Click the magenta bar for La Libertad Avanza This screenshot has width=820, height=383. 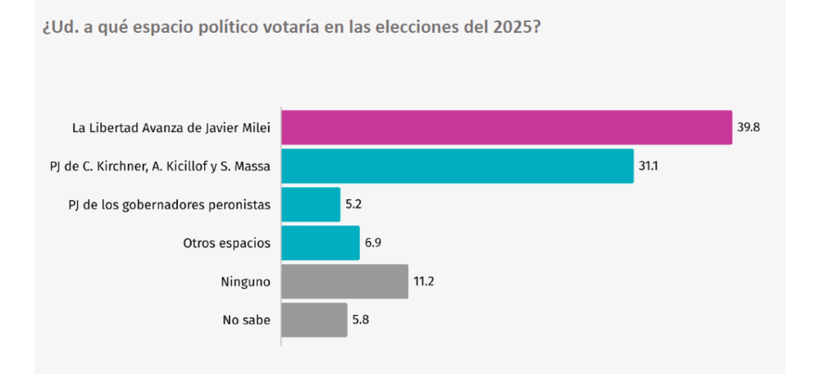pyautogui.click(x=506, y=127)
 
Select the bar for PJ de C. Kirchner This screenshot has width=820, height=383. pyautogui.click(x=457, y=166)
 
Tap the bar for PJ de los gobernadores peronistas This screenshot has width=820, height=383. pyautogui.click(x=311, y=204)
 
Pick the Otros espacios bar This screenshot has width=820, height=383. pyautogui.click(x=321, y=243)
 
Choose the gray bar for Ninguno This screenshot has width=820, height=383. pyautogui.click(x=344, y=281)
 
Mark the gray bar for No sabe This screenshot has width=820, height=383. pyautogui.click(x=314, y=320)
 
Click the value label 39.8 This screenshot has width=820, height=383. pyautogui.click(x=748, y=127)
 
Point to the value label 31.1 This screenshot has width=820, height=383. pyautogui.click(x=649, y=166)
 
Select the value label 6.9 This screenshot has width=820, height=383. pyautogui.click(x=375, y=243)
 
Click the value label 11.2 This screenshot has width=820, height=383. pyautogui.click(x=424, y=281)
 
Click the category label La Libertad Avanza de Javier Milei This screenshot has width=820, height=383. pyautogui.click(x=171, y=127)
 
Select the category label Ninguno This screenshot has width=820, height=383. pyautogui.click(x=248, y=281)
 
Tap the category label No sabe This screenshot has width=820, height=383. pyautogui.click(x=248, y=320)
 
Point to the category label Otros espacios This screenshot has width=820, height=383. pyautogui.click(x=227, y=243)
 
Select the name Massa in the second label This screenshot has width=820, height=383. pyautogui.click(x=253, y=166)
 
